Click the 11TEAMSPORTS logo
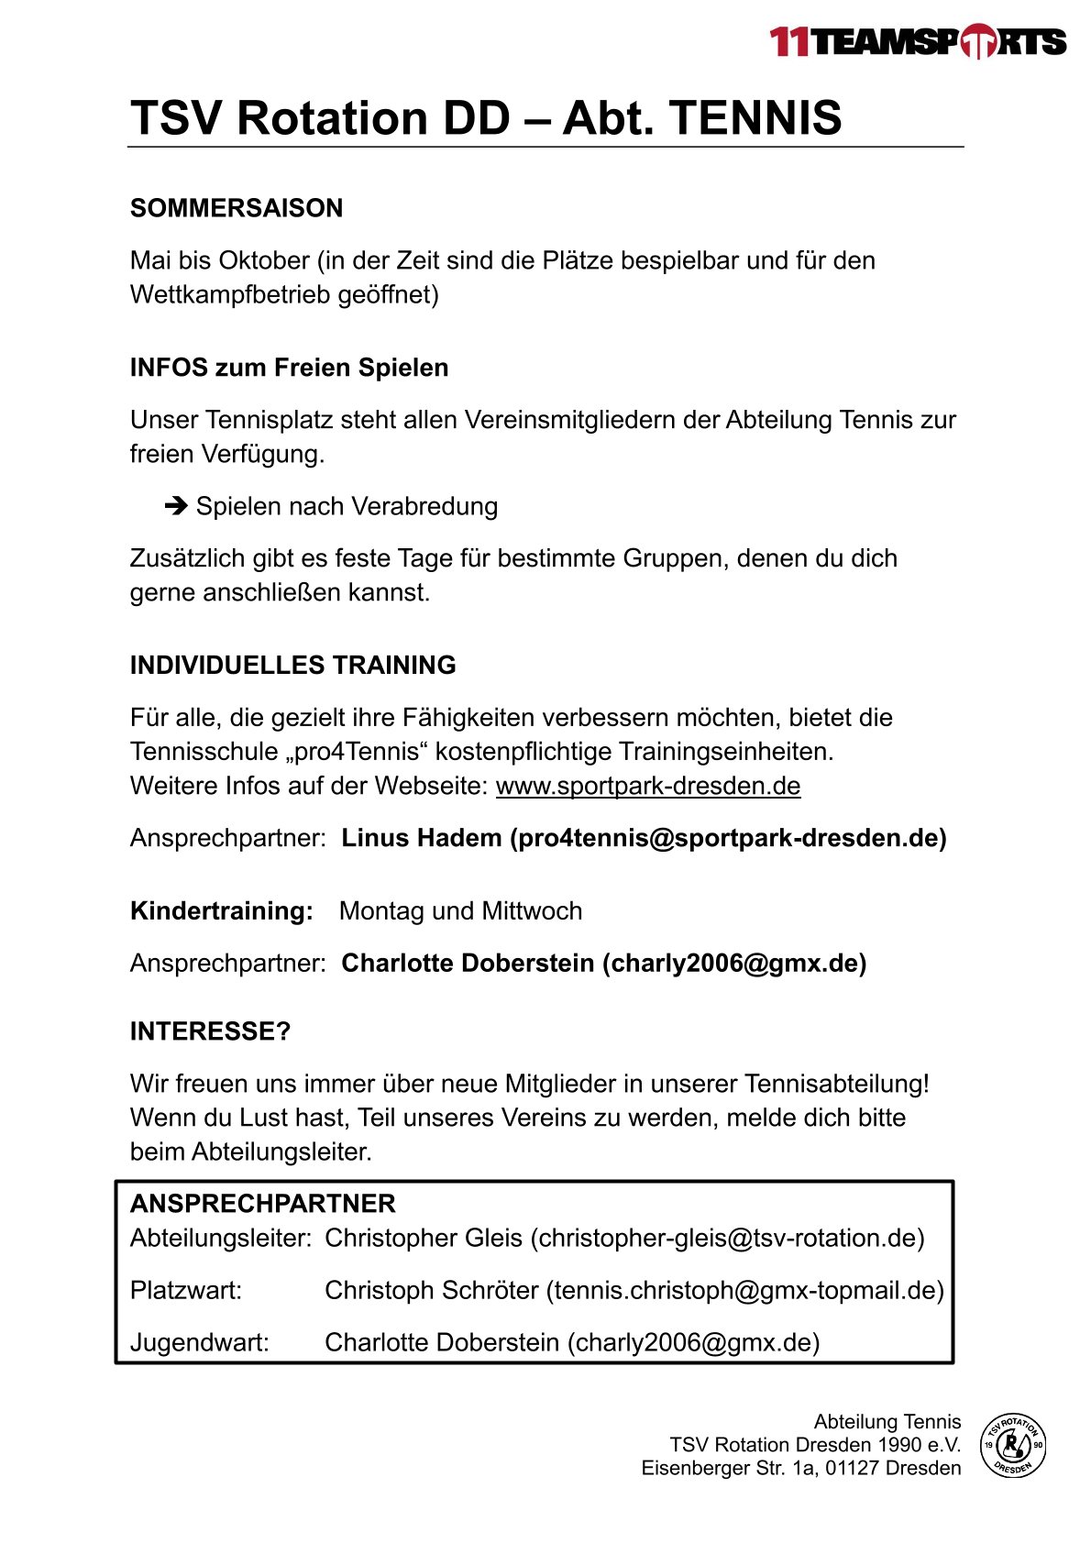click(x=918, y=42)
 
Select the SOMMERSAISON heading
click(x=237, y=208)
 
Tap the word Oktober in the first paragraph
click(x=264, y=260)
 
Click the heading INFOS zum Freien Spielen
click(x=289, y=368)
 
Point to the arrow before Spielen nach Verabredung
click(x=176, y=506)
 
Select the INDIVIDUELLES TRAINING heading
click(x=292, y=665)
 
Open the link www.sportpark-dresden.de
click(x=648, y=786)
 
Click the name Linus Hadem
click(x=422, y=838)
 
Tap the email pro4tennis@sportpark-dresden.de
click(x=728, y=838)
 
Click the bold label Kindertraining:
click(x=222, y=911)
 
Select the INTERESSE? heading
click(x=210, y=1031)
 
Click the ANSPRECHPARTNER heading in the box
click(x=263, y=1204)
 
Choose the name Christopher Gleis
click(x=424, y=1239)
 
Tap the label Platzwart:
click(x=186, y=1291)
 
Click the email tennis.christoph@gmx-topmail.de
click(x=745, y=1291)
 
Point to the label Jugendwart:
click(x=200, y=1343)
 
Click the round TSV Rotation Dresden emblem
click(x=1013, y=1445)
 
